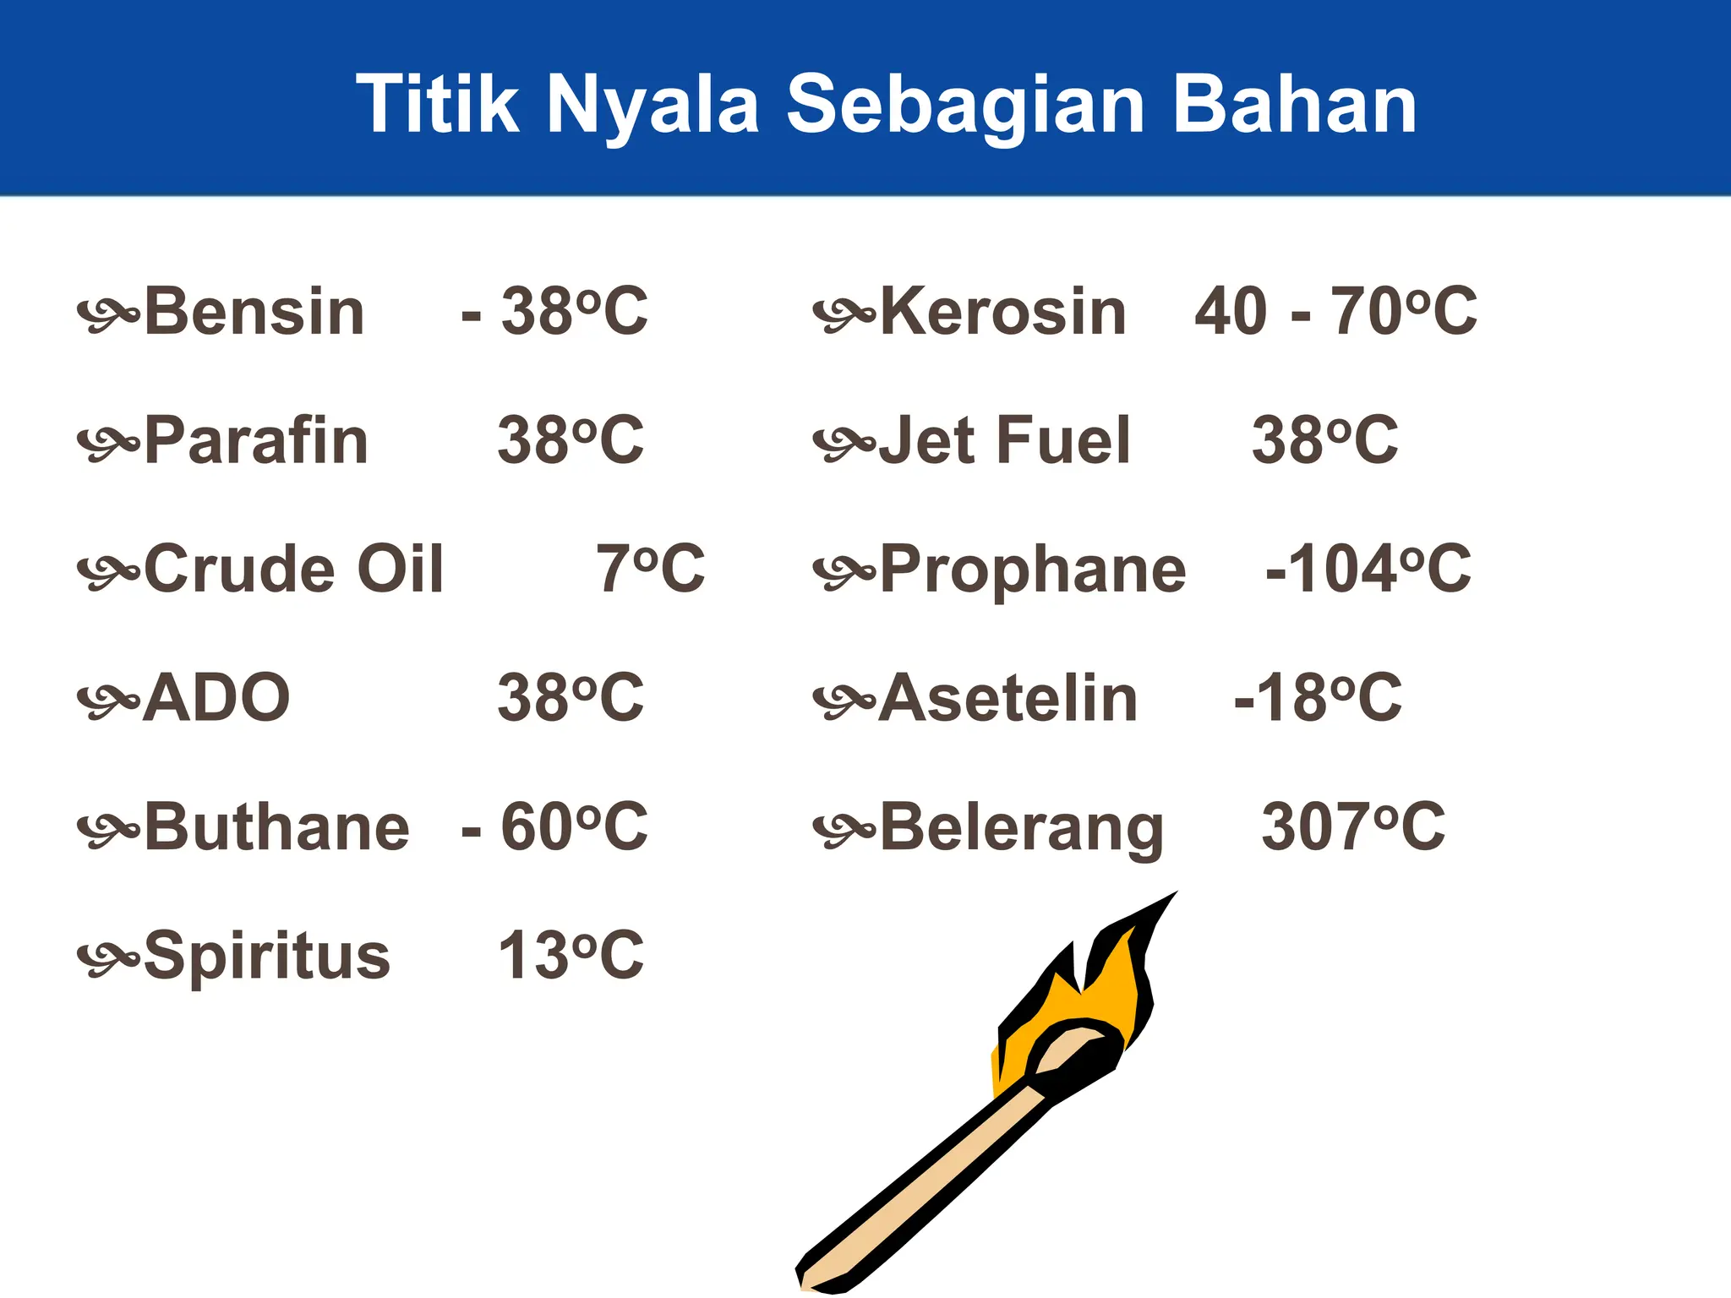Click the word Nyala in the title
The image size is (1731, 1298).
653,105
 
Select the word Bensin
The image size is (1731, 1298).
254,312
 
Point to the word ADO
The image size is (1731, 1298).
216,698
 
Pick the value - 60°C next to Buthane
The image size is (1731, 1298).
554,826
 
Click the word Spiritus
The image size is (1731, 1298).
267,956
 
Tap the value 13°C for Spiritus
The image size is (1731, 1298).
571,956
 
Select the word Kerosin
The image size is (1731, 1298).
1003,312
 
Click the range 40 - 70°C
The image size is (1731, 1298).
1335,312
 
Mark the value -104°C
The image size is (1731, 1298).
1368,569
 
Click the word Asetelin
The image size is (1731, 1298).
1008,698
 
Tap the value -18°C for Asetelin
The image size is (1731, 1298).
1318,698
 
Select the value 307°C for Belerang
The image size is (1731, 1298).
1353,826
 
